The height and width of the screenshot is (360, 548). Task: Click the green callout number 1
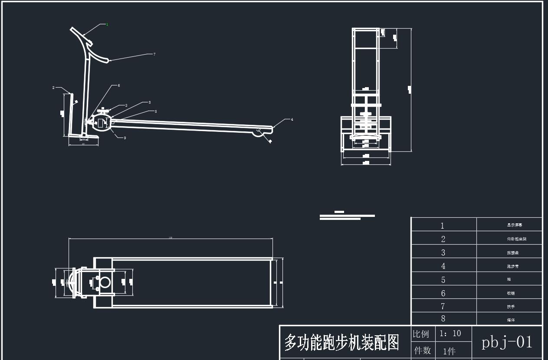(x=107, y=25)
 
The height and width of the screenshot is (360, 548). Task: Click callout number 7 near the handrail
(x=154, y=54)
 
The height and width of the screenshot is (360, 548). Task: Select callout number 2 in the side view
(x=53, y=88)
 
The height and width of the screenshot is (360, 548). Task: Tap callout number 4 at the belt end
(x=292, y=119)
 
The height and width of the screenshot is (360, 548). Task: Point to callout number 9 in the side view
(x=125, y=138)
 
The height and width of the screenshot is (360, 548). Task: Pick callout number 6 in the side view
(x=118, y=85)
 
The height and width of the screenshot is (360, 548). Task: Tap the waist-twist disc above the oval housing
(x=103, y=110)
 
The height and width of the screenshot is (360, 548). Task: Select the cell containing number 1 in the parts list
(x=443, y=226)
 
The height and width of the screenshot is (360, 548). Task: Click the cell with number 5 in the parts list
(x=443, y=280)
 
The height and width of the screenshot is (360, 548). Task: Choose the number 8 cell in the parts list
(x=443, y=319)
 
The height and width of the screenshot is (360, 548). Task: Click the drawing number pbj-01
(x=507, y=342)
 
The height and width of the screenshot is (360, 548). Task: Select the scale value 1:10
(x=450, y=334)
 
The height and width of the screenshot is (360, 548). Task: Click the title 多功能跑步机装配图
(x=341, y=343)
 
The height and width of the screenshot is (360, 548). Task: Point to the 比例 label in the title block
(x=420, y=334)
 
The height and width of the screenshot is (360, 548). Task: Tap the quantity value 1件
(x=449, y=351)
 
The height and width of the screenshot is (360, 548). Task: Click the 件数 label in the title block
(x=422, y=350)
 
